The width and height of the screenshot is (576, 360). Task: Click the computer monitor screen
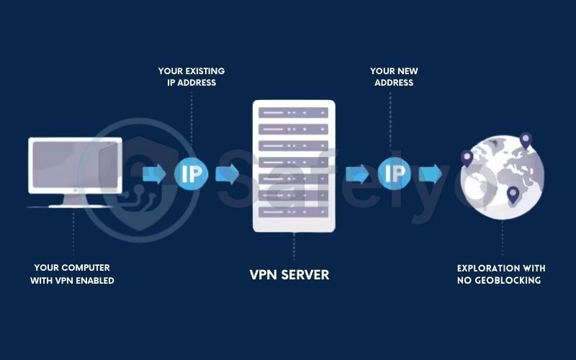[73, 165]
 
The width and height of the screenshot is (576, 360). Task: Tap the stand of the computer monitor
[73, 199]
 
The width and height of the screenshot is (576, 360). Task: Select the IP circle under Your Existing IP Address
[192, 174]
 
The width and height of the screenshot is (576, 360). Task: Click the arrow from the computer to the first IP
[155, 174]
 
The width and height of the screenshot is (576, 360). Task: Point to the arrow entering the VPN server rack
[228, 174]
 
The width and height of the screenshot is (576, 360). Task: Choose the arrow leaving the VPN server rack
[356, 174]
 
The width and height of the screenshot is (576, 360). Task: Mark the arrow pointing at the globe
[431, 174]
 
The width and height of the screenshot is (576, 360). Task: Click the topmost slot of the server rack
[294, 113]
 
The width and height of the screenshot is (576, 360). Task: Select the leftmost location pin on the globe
[467, 159]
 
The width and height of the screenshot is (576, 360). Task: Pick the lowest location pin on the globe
[513, 194]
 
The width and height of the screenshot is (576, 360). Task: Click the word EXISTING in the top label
[204, 71]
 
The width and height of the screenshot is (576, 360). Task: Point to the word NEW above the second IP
[405, 71]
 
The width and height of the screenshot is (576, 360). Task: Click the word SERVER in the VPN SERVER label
[303, 274]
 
